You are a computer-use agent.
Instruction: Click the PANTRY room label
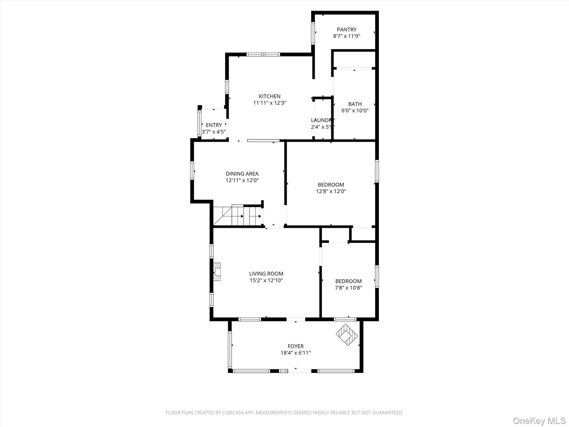(x=346, y=29)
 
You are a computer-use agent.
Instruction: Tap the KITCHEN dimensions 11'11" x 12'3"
(x=269, y=103)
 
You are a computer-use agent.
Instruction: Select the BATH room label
(x=355, y=104)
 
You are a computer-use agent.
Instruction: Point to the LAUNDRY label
(x=323, y=120)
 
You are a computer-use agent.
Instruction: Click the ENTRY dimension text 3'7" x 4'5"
(x=214, y=132)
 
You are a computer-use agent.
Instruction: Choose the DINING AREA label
(x=242, y=174)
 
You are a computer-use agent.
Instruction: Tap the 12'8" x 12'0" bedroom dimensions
(x=331, y=191)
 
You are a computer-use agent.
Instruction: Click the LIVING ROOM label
(x=266, y=274)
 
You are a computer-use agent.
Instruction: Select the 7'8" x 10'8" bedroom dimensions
(x=348, y=288)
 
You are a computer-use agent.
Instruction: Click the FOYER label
(x=296, y=346)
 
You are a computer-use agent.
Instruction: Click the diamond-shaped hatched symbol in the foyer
(x=347, y=335)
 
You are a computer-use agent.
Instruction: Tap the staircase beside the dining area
(x=238, y=216)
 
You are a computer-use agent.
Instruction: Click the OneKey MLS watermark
(x=539, y=421)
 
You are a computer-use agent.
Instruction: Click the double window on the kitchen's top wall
(x=263, y=54)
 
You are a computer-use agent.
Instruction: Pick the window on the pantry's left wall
(x=313, y=33)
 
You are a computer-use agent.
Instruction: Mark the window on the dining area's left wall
(x=192, y=170)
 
